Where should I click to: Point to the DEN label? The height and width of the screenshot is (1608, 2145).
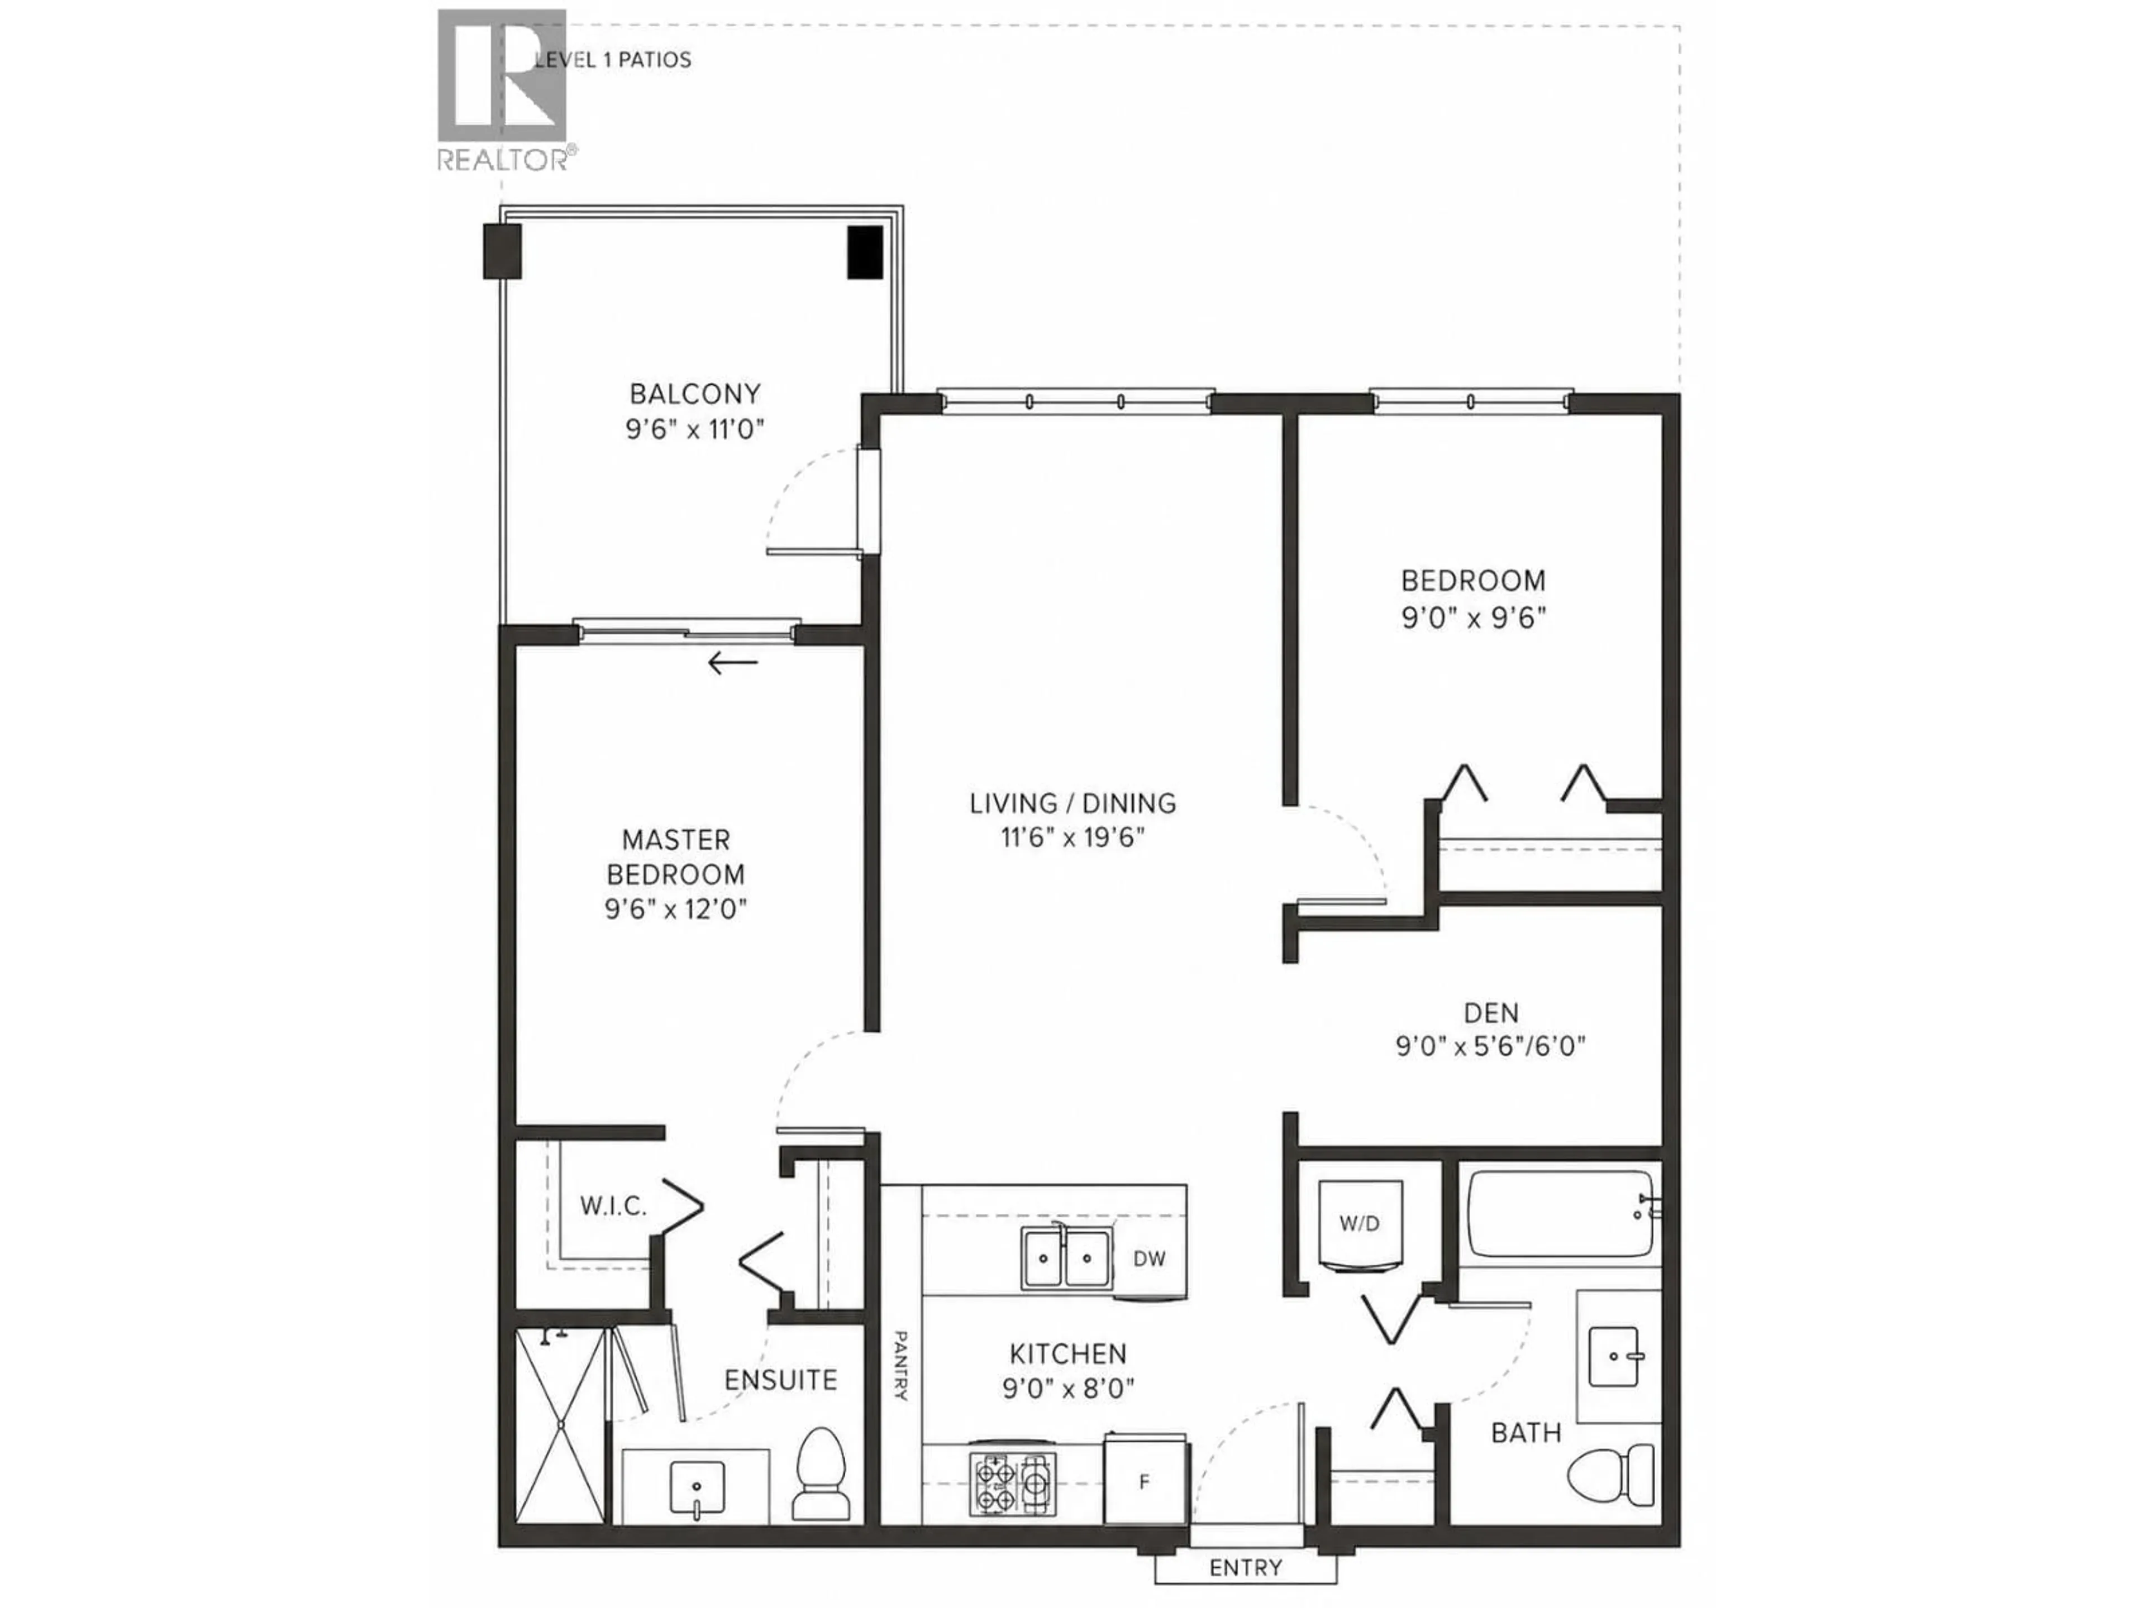tap(1490, 1013)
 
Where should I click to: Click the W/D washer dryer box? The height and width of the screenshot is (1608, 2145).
tap(1360, 1224)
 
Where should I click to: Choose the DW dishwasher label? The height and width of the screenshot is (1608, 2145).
tap(1149, 1259)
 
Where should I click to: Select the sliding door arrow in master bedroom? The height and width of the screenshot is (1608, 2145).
tap(732, 663)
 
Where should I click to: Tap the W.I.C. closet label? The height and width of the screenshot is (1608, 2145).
tap(613, 1207)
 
